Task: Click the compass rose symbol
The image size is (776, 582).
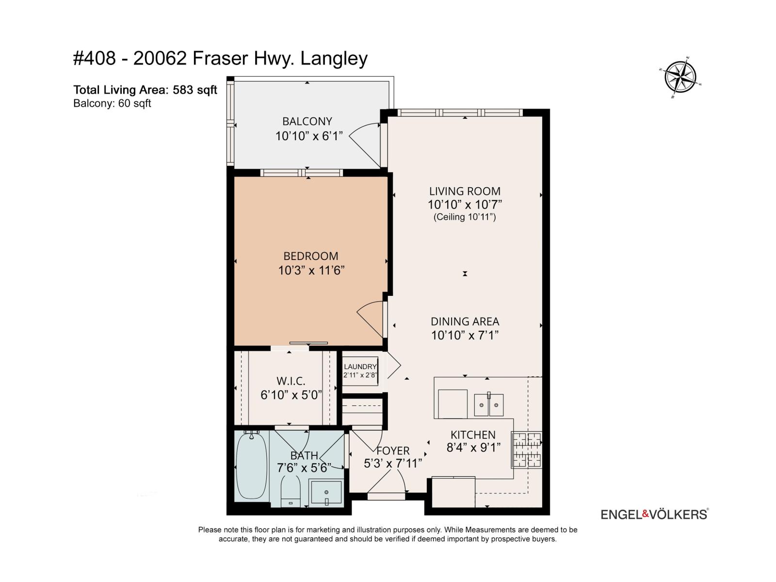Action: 679,77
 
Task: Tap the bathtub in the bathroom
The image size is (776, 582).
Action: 251,466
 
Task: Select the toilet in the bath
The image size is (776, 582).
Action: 291,491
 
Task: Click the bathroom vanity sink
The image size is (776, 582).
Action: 326,492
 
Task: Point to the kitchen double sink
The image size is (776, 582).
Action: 488,404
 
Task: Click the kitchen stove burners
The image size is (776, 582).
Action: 526,450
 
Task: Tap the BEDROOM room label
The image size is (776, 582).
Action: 311,256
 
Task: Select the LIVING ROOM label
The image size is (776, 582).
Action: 465,191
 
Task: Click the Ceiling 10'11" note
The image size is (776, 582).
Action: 465,217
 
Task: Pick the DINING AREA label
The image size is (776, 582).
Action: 465,321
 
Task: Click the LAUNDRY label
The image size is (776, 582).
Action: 360,367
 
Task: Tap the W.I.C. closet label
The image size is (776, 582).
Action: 291,381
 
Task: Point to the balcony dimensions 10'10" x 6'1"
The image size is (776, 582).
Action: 309,136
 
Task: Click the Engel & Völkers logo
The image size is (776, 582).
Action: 655,514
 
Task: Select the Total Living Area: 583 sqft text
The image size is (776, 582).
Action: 145,90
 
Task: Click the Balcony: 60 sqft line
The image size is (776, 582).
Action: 112,103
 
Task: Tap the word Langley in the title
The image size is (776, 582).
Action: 334,59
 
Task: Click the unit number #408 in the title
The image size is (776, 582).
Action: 95,58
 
